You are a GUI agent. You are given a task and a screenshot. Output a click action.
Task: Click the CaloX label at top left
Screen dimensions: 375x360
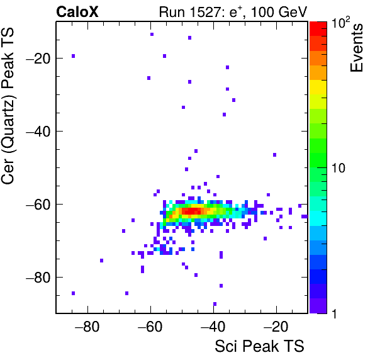[x=77, y=12]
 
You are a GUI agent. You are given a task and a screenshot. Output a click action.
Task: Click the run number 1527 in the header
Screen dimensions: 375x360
[x=205, y=12]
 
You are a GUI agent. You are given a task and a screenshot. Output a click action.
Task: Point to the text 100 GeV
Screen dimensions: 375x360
[x=279, y=12]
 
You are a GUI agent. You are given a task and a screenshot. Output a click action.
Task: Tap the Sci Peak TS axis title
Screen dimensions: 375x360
[x=259, y=346]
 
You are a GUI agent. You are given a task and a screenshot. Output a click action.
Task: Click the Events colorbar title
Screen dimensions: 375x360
[x=356, y=48]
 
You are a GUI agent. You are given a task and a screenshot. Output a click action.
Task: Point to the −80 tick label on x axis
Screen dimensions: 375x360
[x=87, y=327]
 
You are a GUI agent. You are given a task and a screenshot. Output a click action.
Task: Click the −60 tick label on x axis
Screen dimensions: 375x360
[x=150, y=327]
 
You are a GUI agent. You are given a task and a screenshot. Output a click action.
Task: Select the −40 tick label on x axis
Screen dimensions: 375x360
[x=213, y=327]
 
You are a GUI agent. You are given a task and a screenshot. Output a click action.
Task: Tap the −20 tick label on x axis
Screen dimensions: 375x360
[x=276, y=327]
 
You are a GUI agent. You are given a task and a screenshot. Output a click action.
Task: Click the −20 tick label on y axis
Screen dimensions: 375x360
[x=38, y=59]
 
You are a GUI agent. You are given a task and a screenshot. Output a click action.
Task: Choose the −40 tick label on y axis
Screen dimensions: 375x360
[x=38, y=132]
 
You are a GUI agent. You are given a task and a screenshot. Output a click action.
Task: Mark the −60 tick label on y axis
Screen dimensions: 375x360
[x=38, y=205]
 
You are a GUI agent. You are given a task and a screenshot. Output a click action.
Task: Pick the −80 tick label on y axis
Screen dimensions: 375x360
[x=38, y=278]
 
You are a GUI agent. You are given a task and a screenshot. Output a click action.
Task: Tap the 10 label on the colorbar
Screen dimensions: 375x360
[x=338, y=168]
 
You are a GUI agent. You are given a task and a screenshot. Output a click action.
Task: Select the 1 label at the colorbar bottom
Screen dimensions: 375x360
[x=334, y=313]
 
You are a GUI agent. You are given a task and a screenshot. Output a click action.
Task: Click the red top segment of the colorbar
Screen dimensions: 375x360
[x=318, y=29]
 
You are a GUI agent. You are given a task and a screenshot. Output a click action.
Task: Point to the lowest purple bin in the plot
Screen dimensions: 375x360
[x=215, y=304]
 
